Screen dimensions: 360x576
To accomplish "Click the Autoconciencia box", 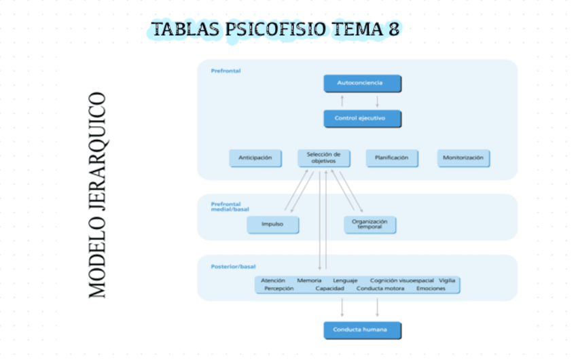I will point(362,83).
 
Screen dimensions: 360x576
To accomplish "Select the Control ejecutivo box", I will point(362,118).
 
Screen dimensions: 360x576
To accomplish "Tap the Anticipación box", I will point(255,158).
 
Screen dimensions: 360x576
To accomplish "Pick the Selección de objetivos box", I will point(324,158).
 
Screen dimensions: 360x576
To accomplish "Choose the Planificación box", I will point(391,158).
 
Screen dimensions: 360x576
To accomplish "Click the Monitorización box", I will point(463,158).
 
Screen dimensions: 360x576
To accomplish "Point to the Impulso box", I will point(272,224).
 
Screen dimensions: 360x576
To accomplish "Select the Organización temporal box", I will point(370,224).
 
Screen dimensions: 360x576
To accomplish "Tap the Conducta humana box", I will point(362,330).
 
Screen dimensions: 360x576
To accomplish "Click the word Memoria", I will point(309,280).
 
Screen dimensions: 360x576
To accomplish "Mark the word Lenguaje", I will point(345,280).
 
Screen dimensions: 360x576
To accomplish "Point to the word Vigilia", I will point(447,280).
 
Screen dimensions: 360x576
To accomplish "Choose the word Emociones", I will point(431,289).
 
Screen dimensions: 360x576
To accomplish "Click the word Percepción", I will point(278,289).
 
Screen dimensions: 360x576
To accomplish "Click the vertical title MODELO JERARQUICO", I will point(98,194).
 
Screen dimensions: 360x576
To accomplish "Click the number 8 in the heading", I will point(393,29).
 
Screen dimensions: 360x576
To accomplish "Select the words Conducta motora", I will point(380,289).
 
